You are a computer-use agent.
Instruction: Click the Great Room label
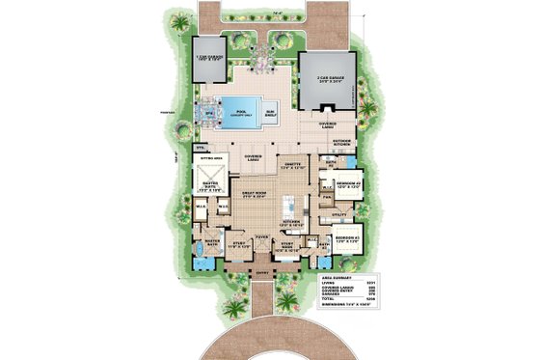click(250, 198)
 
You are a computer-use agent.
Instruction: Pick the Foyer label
click(261, 235)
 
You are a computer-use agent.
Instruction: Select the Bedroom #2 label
click(347, 182)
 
